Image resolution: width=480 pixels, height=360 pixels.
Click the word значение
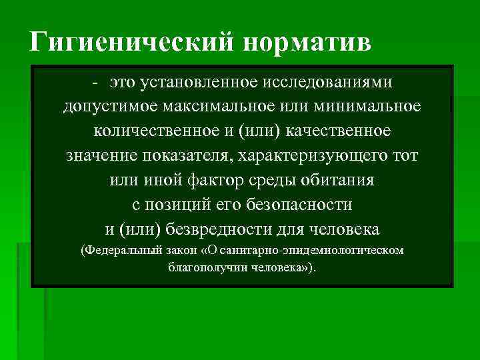(101, 155)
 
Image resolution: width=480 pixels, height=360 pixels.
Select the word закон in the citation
(177, 251)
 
